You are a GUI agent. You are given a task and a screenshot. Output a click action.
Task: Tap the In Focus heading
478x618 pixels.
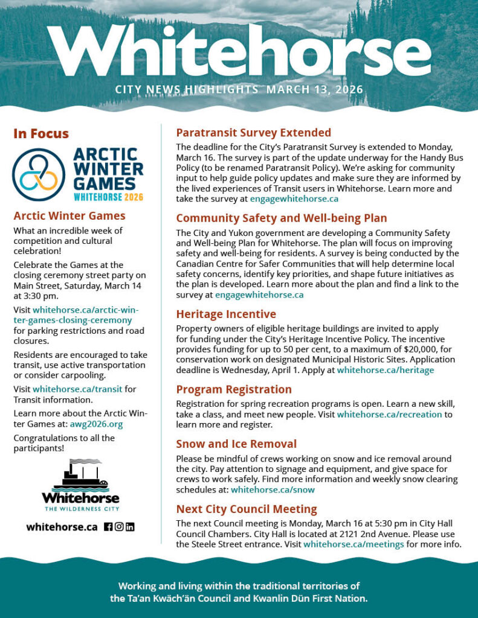click(x=41, y=134)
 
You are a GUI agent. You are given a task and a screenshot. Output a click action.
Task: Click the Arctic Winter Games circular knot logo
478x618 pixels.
click(x=39, y=174)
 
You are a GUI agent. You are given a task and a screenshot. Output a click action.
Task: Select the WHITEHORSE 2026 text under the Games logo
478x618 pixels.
click(x=109, y=197)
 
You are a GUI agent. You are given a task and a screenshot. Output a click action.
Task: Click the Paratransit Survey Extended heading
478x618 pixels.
click(x=253, y=133)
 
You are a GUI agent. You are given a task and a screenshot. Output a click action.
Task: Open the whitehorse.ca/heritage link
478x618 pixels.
click(x=385, y=370)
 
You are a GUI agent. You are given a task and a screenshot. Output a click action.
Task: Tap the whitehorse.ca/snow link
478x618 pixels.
click(x=273, y=489)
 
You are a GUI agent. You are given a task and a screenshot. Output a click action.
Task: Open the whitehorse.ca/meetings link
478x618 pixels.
click(x=354, y=544)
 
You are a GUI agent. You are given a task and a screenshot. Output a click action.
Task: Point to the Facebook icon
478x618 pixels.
click(x=108, y=527)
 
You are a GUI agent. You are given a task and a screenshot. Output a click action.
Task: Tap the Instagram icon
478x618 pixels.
click(x=119, y=527)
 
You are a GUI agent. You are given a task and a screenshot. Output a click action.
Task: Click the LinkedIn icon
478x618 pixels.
click(x=130, y=527)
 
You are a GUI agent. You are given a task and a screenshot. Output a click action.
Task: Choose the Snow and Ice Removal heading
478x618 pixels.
click(x=236, y=444)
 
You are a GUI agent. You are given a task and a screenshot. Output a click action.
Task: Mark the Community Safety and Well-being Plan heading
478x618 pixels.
click(x=281, y=218)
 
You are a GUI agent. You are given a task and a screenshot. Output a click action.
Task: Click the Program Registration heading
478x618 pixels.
click(x=234, y=389)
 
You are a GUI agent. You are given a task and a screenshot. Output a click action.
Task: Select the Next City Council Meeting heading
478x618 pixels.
click(x=246, y=509)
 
